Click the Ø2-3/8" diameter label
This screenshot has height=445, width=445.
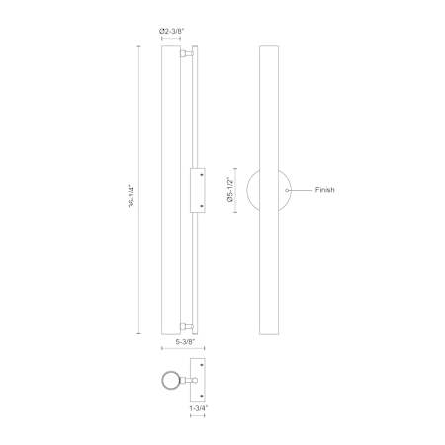pos(171,31)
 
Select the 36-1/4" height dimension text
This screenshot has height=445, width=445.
pos(132,196)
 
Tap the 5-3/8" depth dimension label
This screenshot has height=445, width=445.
pos(186,342)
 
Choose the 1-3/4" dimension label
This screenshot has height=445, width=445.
pos(199,408)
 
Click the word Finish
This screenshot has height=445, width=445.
pos(324,190)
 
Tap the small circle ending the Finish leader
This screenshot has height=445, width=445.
pos(287,190)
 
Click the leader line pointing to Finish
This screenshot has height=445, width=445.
pos(300,190)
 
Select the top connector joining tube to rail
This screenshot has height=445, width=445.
pos(187,53)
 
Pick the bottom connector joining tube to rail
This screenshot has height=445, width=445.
pos(187,326)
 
